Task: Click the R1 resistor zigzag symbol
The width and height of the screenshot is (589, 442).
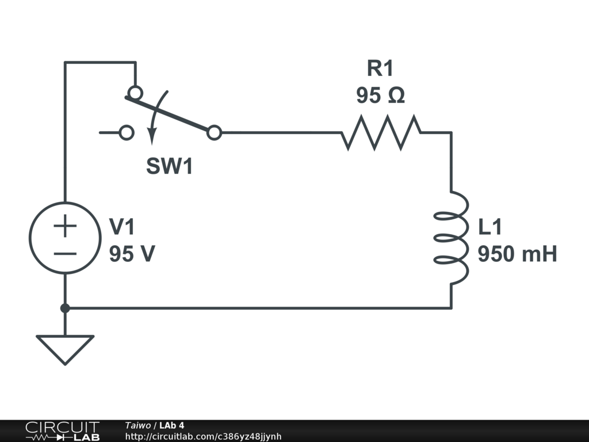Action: (381, 132)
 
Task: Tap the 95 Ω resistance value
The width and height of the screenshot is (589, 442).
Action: (380, 96)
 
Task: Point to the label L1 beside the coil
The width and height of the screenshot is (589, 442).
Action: (490, 227)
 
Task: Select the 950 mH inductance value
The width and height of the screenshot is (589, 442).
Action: (517, 254)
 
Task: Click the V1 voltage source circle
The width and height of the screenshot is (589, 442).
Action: (65, 238)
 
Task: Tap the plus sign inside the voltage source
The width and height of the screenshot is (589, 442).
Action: (65, 226)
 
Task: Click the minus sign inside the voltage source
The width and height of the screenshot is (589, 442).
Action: (65, 253)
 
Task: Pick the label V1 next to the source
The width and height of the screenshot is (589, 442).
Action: (122, 227)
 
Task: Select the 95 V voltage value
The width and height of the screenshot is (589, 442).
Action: (132, 254)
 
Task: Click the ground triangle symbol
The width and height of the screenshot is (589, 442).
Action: (65, 348)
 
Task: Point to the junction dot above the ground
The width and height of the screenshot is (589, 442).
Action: (65, 308)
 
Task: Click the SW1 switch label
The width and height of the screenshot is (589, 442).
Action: (169, 167)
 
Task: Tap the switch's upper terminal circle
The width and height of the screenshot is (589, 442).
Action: (135, 92)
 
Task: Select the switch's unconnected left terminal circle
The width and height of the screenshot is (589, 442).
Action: (127, 133)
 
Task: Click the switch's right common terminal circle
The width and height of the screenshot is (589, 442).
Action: (214, 133)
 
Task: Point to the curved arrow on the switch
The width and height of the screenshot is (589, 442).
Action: (155, 118)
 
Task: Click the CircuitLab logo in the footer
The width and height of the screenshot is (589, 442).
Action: (62, 431)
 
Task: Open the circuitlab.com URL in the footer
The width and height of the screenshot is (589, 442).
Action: (203, 437)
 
